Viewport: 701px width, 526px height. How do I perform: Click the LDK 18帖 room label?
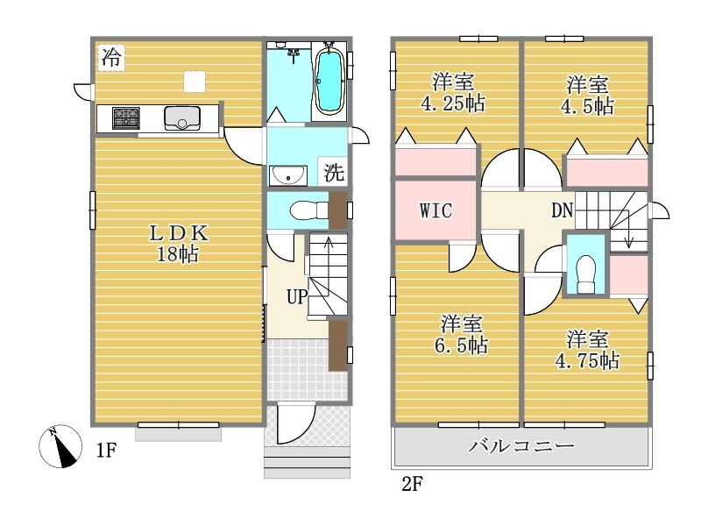coord(178,244)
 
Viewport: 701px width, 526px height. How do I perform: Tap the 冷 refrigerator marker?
coord(111,57)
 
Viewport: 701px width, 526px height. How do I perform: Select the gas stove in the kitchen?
coord(126,118)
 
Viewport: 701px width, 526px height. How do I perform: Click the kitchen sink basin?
coord(182,118)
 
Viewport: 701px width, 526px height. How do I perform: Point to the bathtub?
coord(329,81)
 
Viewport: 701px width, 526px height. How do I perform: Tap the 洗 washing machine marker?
coord(335,172)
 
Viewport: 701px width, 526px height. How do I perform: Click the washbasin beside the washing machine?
coord(288,174)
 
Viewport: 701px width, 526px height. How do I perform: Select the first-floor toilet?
coord(309,210)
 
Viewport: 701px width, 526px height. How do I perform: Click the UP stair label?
coord(297,296)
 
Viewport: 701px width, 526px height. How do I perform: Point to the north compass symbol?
coord(60,446)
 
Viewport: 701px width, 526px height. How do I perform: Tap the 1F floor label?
coord(106,450)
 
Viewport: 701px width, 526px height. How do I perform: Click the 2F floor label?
coord(412,484)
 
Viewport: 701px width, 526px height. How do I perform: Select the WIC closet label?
coord(435,210)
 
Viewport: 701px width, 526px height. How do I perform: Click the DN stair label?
coord(562,210)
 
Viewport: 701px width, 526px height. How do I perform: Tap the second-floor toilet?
coord(586,274)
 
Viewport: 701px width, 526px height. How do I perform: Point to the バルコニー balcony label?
coord(520,446)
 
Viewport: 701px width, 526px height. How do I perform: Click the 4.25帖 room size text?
coord(452,103)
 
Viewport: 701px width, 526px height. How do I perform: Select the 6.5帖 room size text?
coord(461,345)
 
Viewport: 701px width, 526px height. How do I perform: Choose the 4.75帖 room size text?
coord(587,360)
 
